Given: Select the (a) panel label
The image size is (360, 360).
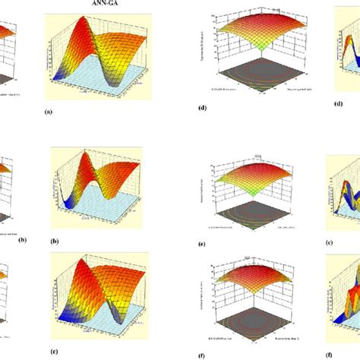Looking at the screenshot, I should [x=49, y=111].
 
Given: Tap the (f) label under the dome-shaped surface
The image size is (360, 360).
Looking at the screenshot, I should [x=203, y=332].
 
